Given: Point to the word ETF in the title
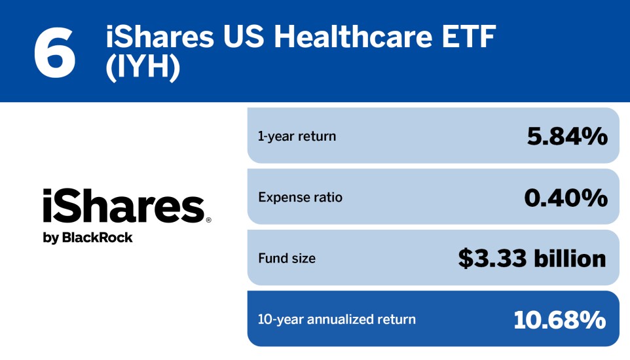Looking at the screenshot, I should (x=468, y=38).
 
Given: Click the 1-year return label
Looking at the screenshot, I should (x=297, y=136).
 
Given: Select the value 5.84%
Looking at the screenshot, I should (x=567, y=136).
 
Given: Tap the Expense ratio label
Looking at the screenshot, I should (x=300, y=197).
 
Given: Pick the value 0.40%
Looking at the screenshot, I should (x=566, y=197).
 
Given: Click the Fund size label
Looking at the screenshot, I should (x=287, y=258).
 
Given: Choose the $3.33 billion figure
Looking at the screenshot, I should (x=532, y=258).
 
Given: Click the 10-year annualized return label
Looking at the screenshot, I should (x=337, y=319).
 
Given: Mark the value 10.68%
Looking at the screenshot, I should (x=560, y=319).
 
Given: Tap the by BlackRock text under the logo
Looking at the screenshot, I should (x=88, y=238).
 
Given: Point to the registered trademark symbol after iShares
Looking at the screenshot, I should (x=208, y=221).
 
